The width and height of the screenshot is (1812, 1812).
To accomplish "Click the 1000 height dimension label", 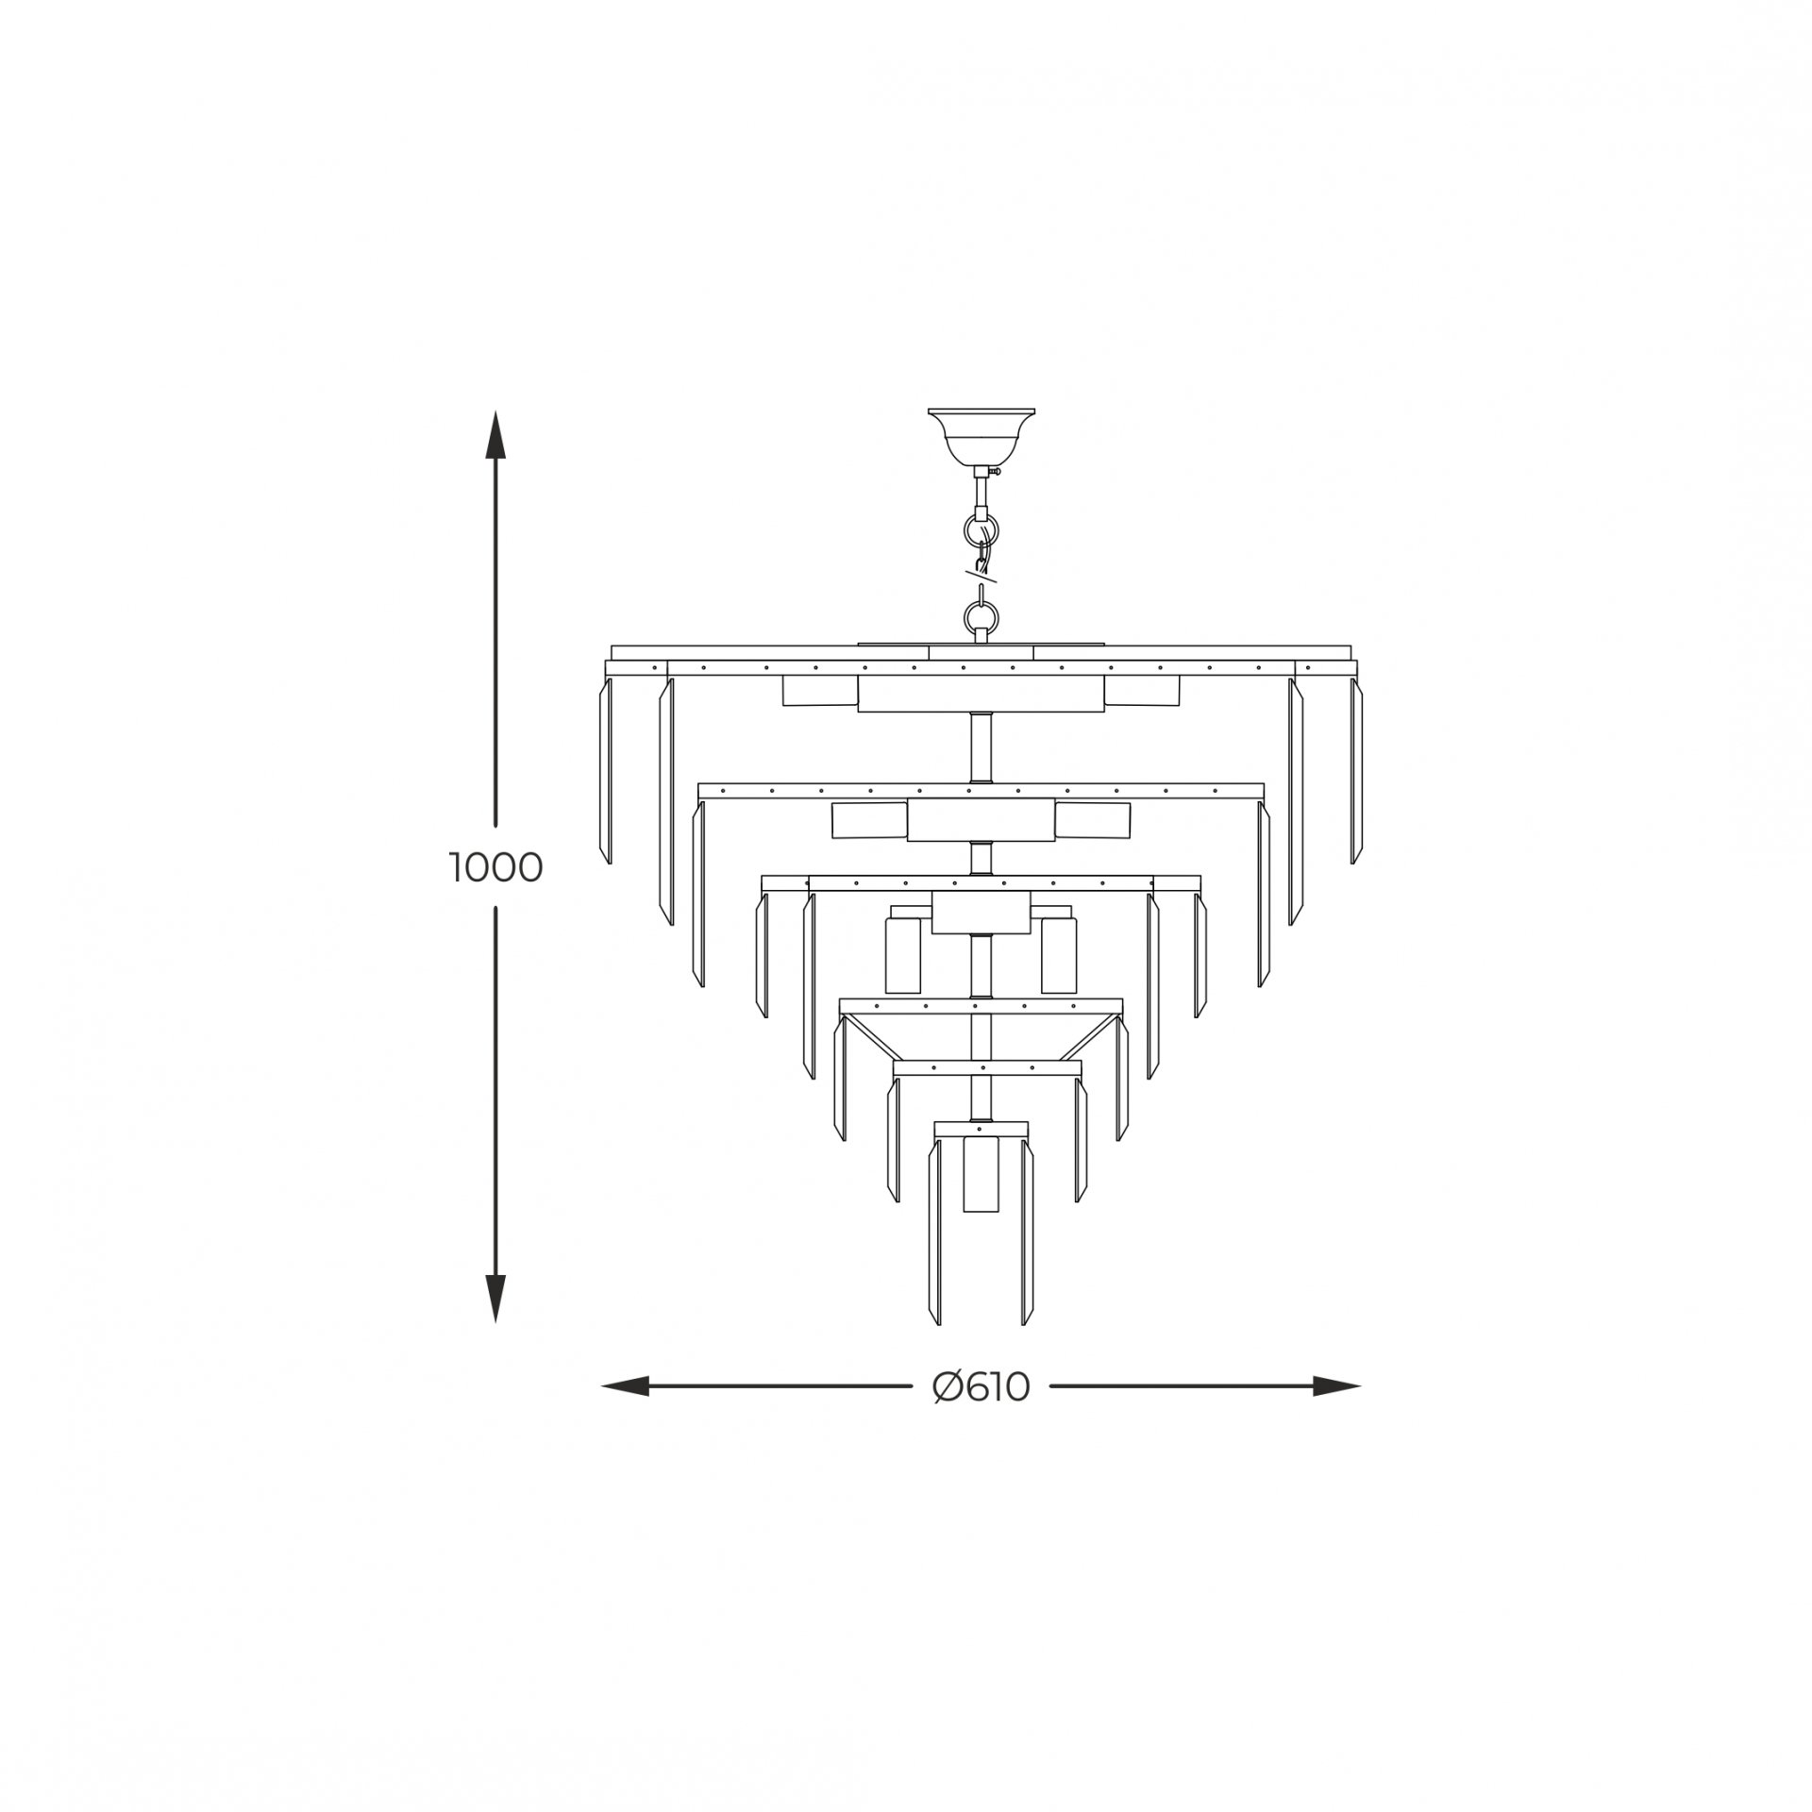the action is [495, 867].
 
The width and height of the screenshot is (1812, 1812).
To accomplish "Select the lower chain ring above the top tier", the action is [980, 618].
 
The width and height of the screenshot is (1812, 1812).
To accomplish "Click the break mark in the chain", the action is [981, 572].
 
